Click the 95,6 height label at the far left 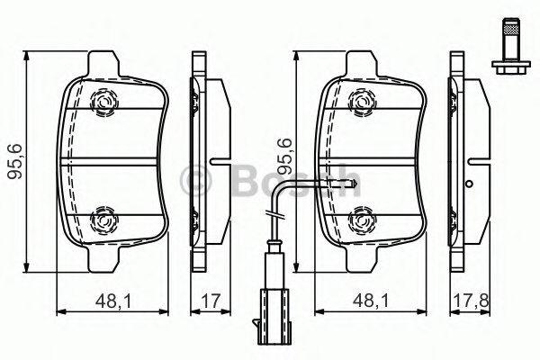click(x=15, y=161)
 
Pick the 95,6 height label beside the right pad click(x=284, y=156)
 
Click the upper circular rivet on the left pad click(x=103, y=102)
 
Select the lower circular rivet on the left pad click(x=103, y=220)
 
